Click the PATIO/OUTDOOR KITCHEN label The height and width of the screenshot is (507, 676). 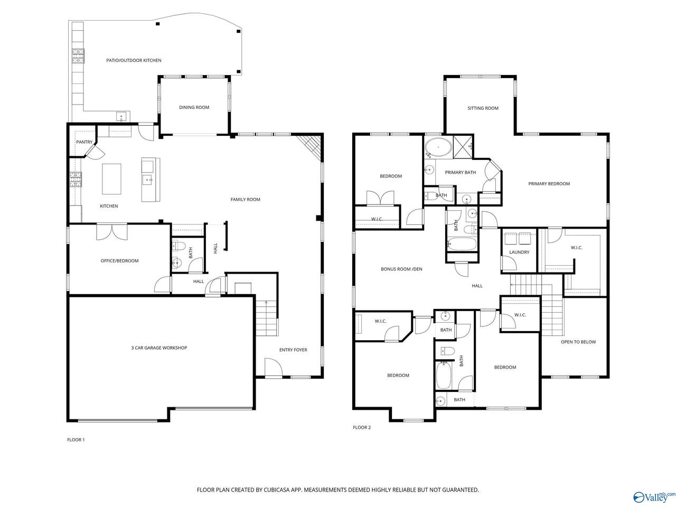134,61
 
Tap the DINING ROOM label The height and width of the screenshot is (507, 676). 194,108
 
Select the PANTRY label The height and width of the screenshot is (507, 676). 84,142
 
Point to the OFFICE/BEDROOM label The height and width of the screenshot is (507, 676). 119,261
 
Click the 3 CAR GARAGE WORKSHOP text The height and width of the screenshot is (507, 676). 159,348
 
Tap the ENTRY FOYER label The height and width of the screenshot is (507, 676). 293,350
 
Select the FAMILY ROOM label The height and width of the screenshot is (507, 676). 245,200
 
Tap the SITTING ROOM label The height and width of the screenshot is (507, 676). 483,108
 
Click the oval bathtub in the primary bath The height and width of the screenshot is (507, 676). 438,148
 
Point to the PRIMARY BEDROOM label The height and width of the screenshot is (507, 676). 549,184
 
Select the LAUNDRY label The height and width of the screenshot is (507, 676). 519,252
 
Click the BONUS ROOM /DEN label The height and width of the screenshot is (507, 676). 401,269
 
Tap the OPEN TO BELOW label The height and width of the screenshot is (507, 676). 578,342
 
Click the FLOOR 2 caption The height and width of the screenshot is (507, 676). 362,428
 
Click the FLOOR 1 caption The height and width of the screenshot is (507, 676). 76,440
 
